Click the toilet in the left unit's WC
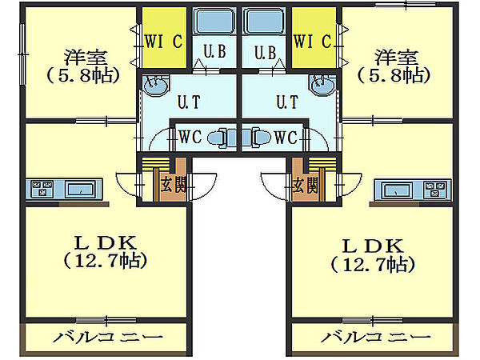pyautogui.click(x=222, y=138)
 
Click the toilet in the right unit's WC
pyautogui.click(x=257, y=138)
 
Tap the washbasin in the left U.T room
pyautogui.click(x=155, y=85)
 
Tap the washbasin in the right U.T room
pyautogui.click(x=322, y=85)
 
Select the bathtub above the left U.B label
pyautogui.click(x=214, y=21)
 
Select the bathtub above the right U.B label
pyautogui.click(x=264, y=21)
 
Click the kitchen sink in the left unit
pyautogui.click(x=81, y=189)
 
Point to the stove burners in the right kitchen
pyautogui.click(x=435, y=189)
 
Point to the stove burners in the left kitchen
pyautogui.click(x=42, y=189)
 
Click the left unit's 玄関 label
pyautogui.click(x=173, y=185)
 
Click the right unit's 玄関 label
pyautogui.click(x=305, y=185)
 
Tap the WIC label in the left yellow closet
pyautogui.click(x=163, y=41)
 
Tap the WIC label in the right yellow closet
pyautogui.click(x=312, y=41)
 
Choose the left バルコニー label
pyautogui.click(x=108, y=338)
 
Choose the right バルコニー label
pyautogui.click(x=376, y=338)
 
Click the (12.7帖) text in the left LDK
pyautogui.click(x=106, y=261)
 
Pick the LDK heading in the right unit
pyautogui.click(x=372, y=246)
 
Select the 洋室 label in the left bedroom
pyautogui.click(x=86, y=58)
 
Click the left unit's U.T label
pyautogui.click(x=189, y=102)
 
